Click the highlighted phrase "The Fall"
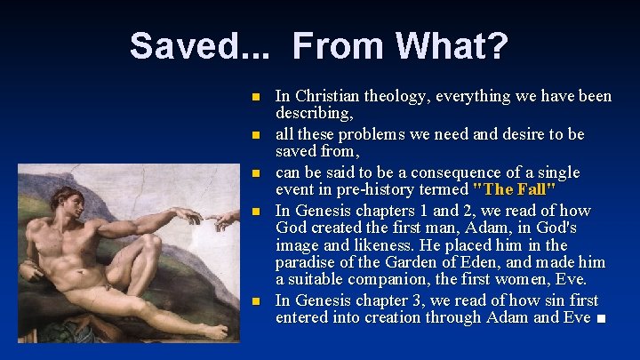[x=516, y=189]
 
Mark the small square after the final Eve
[x=603, y=318]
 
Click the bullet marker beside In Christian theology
[x=254, y=96]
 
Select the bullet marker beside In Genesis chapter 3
[x=254, y=300]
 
